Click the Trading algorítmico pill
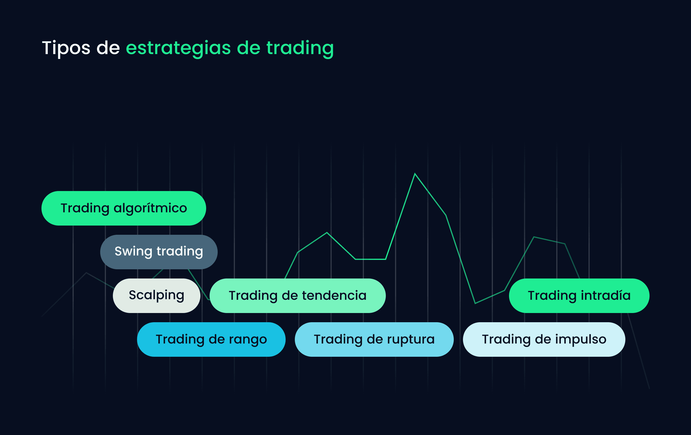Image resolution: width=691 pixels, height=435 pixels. tap(124, 208)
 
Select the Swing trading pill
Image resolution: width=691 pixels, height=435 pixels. tap(159, 252)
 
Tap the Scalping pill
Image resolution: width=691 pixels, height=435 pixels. tap(157, 296)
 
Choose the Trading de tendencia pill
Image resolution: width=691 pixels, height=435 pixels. tap(298, 296)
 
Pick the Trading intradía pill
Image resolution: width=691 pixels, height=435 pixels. tap(579, 296)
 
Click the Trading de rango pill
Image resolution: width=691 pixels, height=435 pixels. tap(211, 339)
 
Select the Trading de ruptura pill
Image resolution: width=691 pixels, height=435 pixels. tap(374, 339)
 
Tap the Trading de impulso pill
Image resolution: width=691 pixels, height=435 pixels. tap(544, 339)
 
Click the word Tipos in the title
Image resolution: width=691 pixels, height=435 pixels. tap(66, 48)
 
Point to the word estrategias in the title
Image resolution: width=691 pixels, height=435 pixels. tap(179, 48)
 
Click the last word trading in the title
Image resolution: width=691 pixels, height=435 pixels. tap(300, 48)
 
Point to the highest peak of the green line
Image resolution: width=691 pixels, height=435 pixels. tap(415, 174)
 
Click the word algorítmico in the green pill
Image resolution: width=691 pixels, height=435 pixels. tap(150, 208)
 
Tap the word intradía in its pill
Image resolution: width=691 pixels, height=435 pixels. tap(606, 295)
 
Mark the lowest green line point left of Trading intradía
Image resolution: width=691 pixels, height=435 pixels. tap(475, 303)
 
